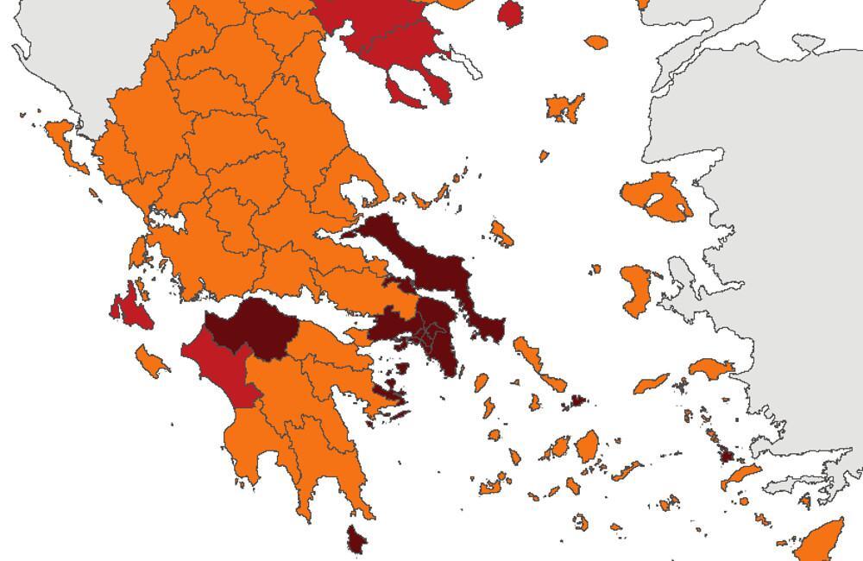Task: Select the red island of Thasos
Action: click(510, 14)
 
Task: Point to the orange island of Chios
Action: click(637, 290)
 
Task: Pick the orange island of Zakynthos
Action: click(150, 361)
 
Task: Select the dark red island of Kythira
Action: click(356, 539)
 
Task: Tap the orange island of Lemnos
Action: click(564, 108)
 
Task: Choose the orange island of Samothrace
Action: click(596, 41)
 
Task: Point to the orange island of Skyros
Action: click(501, 233)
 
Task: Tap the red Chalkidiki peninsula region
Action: click(397, 39)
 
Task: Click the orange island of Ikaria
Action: click(651, 383)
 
